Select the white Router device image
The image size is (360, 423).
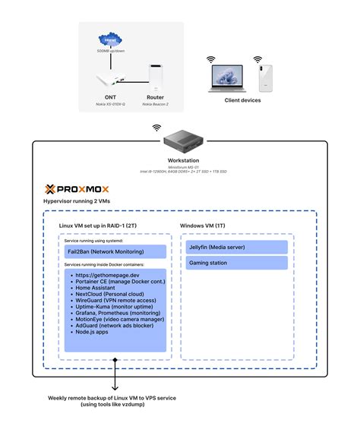coord(156,80)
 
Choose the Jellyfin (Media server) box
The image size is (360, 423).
coord(236,247)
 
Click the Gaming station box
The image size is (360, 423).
coord(236,263)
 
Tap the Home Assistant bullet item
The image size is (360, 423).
coord(97,289)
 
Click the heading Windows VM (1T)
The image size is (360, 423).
coord(202,226)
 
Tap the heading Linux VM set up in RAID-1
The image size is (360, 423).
coord(98,226)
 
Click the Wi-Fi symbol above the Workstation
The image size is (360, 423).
coord(156,128)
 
